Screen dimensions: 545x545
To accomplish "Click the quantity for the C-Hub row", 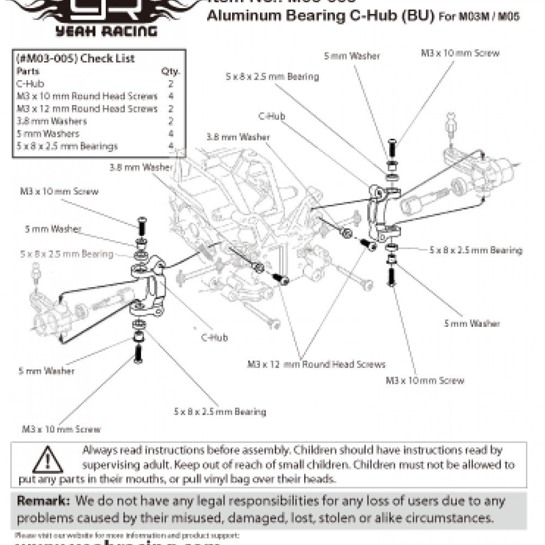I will click(x=171, y=83).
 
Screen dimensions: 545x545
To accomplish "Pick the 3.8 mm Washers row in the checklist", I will click(x=52, y=121).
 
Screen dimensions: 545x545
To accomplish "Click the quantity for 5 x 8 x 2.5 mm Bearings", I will click(x=171, y=146).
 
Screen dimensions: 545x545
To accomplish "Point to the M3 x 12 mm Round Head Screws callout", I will click(x=316, y=364).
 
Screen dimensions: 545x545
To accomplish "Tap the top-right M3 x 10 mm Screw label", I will click(x=460, y=53).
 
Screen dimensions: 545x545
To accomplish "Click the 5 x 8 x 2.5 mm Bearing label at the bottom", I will click(x=220, y=411).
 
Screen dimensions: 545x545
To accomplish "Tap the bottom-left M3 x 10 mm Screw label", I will click(x=62, y=429).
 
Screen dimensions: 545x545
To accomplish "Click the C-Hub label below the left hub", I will click(x=214, y=337).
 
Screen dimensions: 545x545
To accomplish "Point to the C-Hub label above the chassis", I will click(x=271, y=116).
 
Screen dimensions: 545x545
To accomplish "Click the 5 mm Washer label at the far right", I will click(x=472, y=323).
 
